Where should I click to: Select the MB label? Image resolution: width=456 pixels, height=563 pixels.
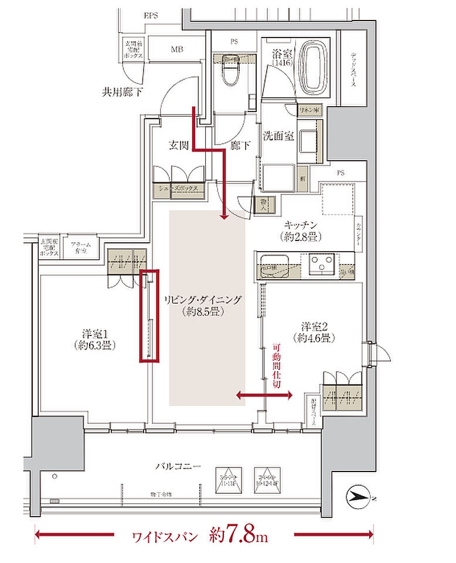pos(177,49)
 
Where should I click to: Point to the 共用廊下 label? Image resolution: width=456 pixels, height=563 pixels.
pos(123,92)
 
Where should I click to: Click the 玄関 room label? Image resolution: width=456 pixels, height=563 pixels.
pos(179,145)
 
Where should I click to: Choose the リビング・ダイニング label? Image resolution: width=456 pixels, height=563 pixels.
pos(203,300)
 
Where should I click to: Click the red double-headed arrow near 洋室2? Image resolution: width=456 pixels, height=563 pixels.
pos(264,396)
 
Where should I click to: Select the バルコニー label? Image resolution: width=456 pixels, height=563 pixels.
pos(178,466)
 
